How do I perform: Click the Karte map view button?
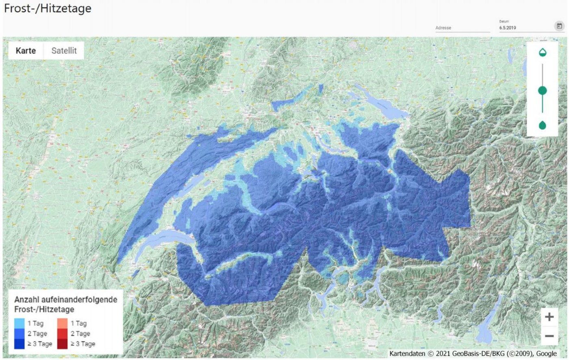(26, 51)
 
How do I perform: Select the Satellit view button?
(64, 51)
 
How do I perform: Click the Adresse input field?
(462, 28)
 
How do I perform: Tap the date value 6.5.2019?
(508, 28)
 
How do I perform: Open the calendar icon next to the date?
(559, 26)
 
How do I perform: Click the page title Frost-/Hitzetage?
(48, 9)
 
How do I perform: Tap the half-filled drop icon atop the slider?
(542, 52)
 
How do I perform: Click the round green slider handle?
(542, 90)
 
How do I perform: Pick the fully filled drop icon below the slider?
(542, 125)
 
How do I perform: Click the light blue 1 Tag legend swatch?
(19, 323)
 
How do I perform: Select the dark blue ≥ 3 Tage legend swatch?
(19, 344)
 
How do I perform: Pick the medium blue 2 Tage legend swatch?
(19, 334)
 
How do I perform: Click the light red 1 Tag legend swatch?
(62, 323)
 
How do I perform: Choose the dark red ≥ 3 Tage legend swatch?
(62, 344)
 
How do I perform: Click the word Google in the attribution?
(546, 353)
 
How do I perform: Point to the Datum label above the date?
(504, 22)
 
